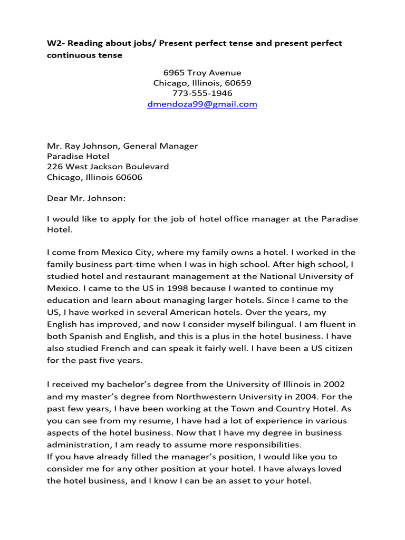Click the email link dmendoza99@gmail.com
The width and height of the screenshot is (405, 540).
202,104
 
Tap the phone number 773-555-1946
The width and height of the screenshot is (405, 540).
202,93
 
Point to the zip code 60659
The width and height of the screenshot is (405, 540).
239,83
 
